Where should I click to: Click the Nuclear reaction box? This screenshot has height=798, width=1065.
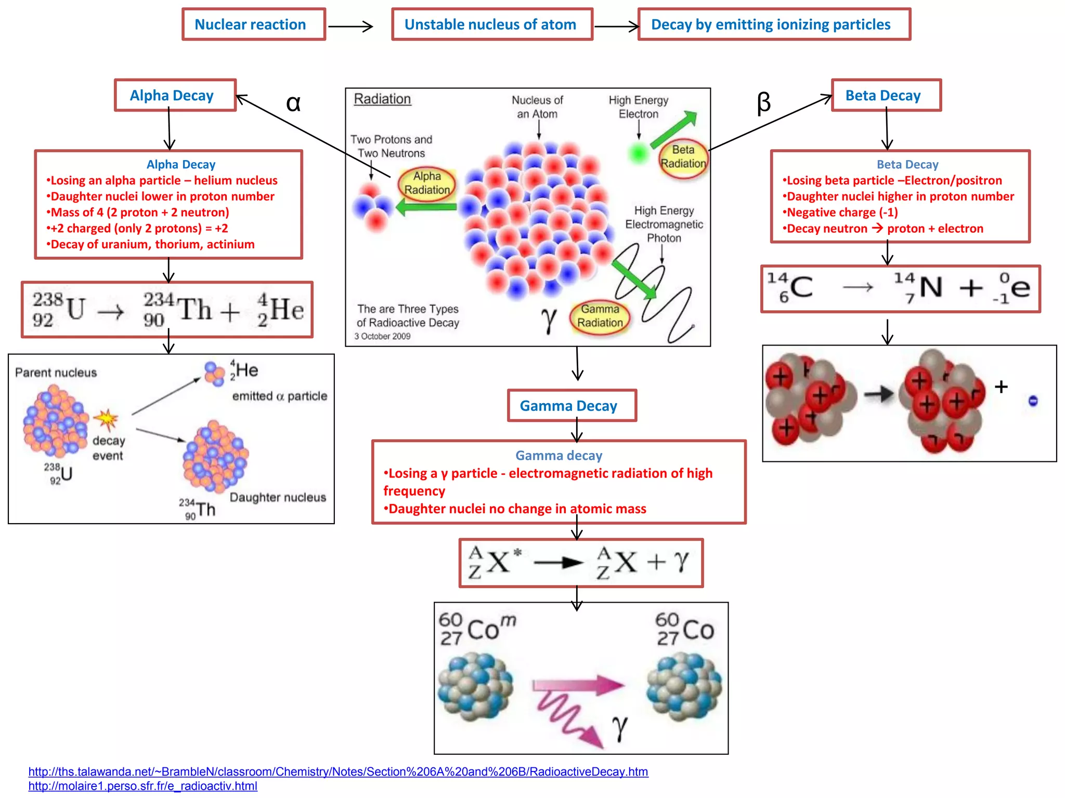tap(253, 24)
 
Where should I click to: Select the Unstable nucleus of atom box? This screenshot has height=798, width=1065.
tap(491, 24)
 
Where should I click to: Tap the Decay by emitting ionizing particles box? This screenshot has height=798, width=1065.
tap(773, 24)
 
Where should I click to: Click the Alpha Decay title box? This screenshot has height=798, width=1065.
tap(175, 95)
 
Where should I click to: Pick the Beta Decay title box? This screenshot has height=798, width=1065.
tap(886, 95)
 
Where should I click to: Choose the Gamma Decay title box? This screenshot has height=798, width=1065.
tap(572, 405)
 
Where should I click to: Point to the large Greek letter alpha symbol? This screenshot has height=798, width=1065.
tap(293, 103)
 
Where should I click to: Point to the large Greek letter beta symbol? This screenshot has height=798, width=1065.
tap(763, 103)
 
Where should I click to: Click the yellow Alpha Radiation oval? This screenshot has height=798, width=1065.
tap(427, 183)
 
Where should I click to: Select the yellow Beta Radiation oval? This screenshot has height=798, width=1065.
tap(683, 157)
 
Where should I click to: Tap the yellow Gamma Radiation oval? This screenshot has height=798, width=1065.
tap(600, 316)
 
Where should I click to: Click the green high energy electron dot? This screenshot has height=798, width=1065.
tap(638, 153)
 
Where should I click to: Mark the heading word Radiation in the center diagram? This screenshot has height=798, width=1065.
tap(382, 99)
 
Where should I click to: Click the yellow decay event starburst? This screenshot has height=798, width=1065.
tap(107, 419)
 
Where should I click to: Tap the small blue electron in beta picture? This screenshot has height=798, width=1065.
tap(1033, 401)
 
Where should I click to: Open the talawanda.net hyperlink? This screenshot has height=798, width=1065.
tap(338, 772)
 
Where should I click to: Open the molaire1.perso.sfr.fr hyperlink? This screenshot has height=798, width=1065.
tap(142, 786)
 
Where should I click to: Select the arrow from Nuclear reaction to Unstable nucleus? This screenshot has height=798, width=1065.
tap(350, 26)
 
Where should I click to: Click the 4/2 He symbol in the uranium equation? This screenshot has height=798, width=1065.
tap(281, 310)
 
